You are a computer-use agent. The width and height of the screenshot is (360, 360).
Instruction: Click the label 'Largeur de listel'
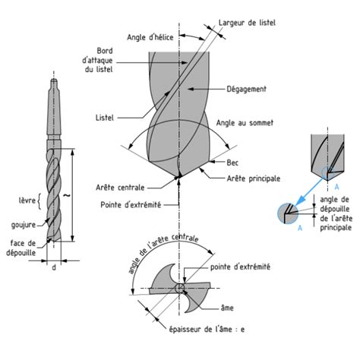click(x=247, y=23)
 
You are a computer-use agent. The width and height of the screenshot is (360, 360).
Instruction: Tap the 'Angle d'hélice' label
click(x=150, y=37)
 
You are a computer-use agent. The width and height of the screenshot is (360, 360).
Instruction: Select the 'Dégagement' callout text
click(x=246, y=89)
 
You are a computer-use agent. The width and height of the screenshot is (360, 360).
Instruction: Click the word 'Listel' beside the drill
click(x=105, y=118)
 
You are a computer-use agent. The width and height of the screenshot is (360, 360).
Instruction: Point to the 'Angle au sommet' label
click(x=245, y=123)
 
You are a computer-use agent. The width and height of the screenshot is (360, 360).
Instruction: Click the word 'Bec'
click(x=232, y=163)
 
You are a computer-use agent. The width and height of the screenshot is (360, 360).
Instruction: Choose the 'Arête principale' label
click(x=254, y=178)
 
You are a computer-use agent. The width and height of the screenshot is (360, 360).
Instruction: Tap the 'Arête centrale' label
click(x=120, y=188)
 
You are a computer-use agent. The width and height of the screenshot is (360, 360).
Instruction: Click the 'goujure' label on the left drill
click(x=24, y=225)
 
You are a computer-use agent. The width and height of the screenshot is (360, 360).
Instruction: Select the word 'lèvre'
click(x=27, y=201)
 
